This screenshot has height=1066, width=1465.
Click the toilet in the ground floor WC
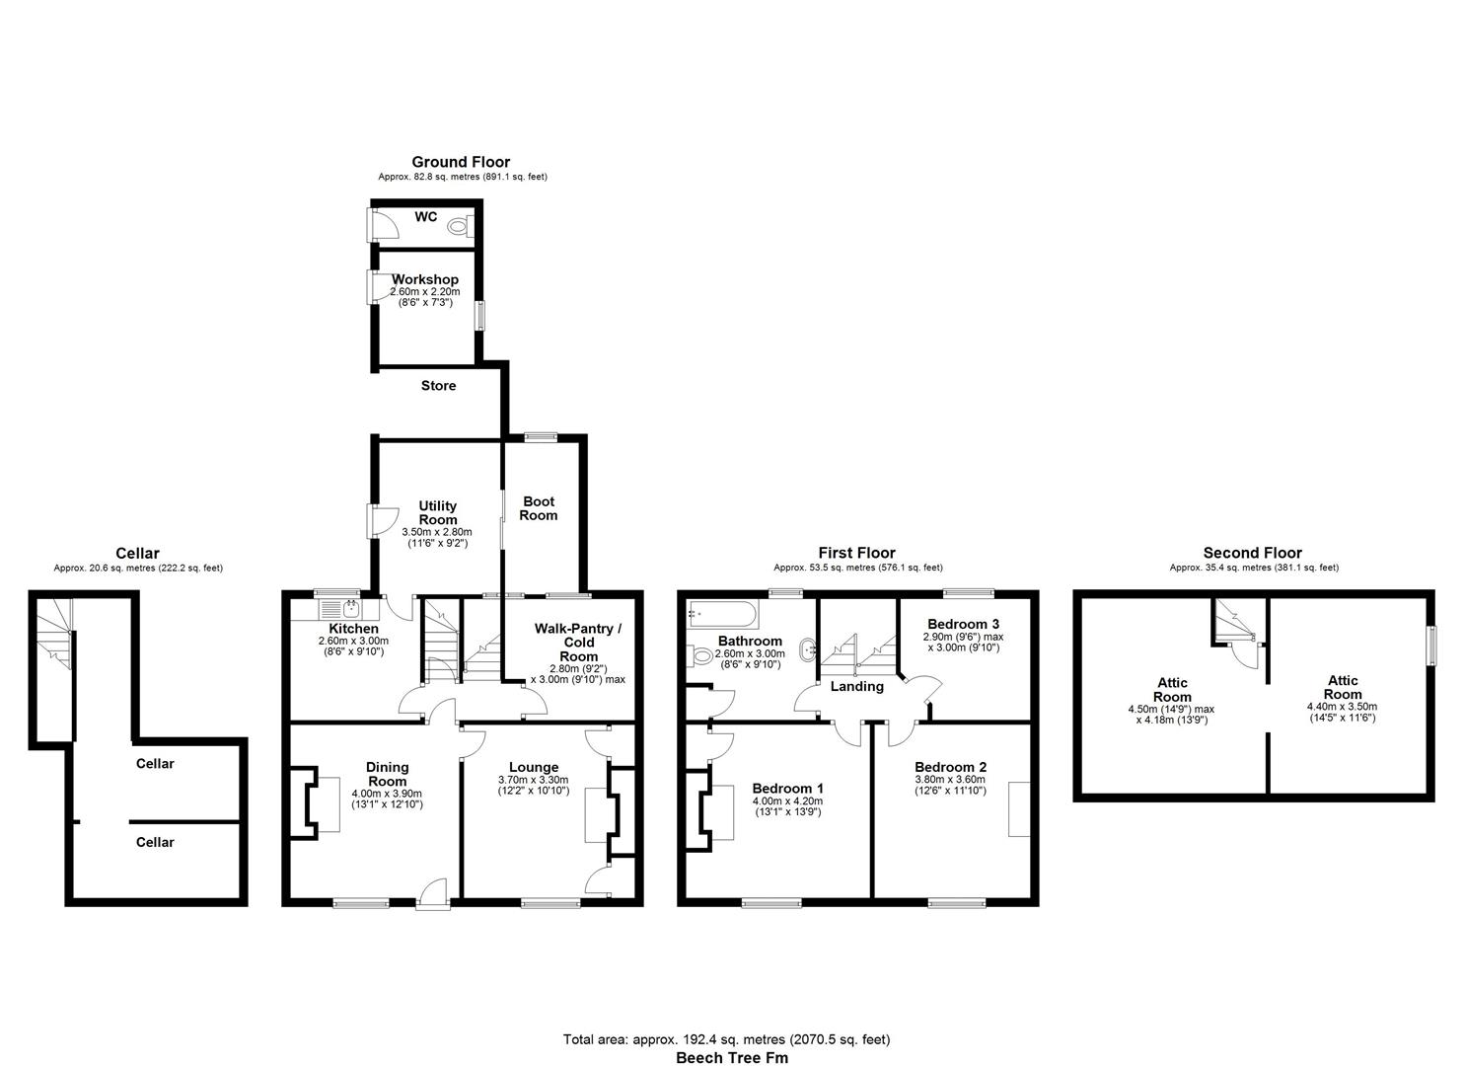[459, 226]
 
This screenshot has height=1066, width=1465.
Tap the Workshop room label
[425, 279]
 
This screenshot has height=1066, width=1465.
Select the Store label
[438, 386]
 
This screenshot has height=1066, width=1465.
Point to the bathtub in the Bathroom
[723, 615]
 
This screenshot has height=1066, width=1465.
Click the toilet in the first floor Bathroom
[702, 655]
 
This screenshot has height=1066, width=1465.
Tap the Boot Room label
[539, 508]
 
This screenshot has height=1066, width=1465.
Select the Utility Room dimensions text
[437, 537]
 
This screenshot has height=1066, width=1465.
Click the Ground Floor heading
[461, 162]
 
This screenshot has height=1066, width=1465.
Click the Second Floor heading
[1252, 553]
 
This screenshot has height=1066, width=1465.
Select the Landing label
[856, 686]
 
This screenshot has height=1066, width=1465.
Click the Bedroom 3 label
[963, 624]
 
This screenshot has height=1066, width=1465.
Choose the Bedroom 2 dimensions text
[950, 785]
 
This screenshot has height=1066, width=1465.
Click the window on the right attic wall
[1432, 646]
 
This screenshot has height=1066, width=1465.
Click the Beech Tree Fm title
[731, 1057]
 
